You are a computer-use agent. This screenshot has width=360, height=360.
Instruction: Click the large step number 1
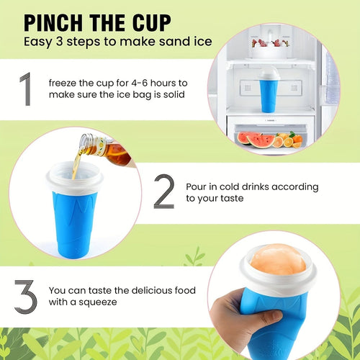pyautogui.click(x=25, y=90)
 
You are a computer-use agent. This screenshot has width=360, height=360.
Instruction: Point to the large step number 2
pyautogui.click(x=164, y=192)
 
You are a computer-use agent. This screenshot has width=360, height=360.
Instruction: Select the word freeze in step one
pyautogui.click(x=65, y=85)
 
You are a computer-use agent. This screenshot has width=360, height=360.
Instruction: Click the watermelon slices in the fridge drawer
pyautogui.click(x=253, y=138)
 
